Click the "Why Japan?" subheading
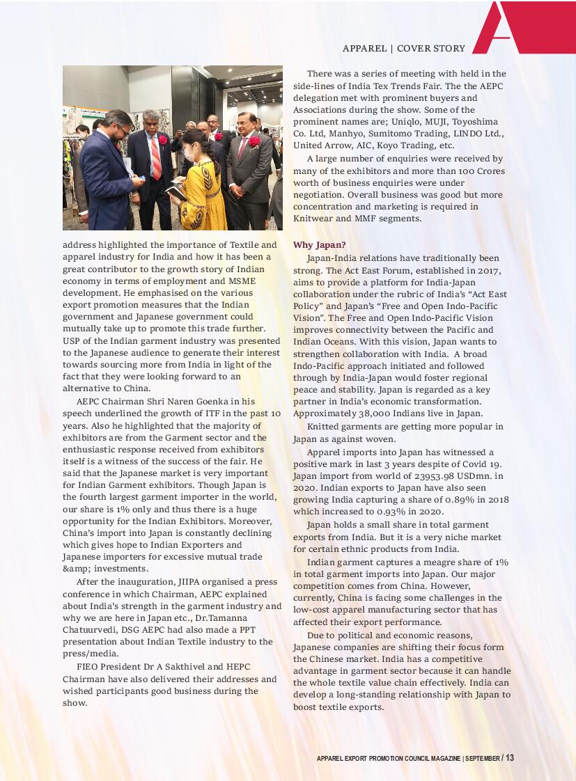click(317, 245)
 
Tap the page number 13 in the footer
click(510, 758)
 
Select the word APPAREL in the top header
click(364, 49)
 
